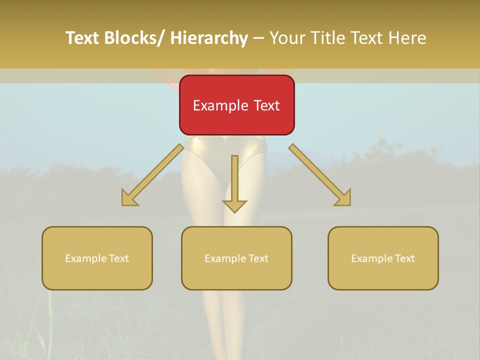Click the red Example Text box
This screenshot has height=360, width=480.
coord(237,105)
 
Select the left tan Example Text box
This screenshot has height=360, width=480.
coord(97,258)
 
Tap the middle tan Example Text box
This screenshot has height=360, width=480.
coord(236,258)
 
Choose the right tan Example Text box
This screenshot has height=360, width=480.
coord(383,258)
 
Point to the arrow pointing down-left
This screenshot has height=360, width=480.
coord(152,175)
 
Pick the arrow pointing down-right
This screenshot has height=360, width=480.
coord(320,175)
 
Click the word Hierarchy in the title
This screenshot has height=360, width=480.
coord(209,38)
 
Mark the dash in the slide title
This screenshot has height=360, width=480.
coord(258,38)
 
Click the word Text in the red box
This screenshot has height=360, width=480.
coord(266,105)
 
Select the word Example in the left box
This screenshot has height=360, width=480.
coord(86,258)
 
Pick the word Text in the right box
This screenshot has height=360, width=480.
coord(404,258)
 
